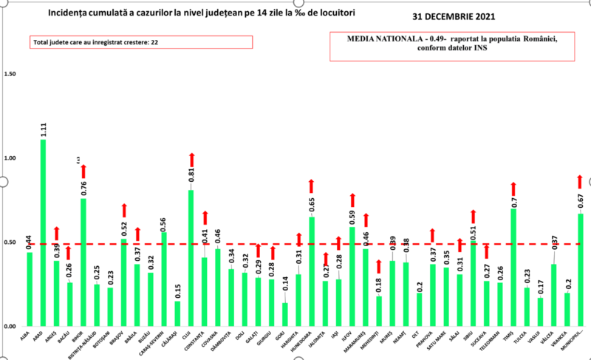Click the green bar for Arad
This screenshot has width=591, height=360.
[43, 233]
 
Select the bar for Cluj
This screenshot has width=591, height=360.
[191, 258]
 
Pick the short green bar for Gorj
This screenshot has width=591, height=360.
[285, 314]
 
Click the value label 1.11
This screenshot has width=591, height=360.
[44, 130]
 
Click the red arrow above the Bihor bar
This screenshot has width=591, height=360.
[83, 171]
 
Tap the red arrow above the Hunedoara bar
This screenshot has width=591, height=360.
[312, 186]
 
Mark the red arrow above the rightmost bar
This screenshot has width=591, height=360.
[580, 182]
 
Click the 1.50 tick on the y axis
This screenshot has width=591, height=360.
[10, 74]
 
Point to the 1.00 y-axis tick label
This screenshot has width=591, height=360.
[10, 158]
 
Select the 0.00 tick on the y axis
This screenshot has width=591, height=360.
[10, 327]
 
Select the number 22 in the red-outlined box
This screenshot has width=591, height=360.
[155, 43]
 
